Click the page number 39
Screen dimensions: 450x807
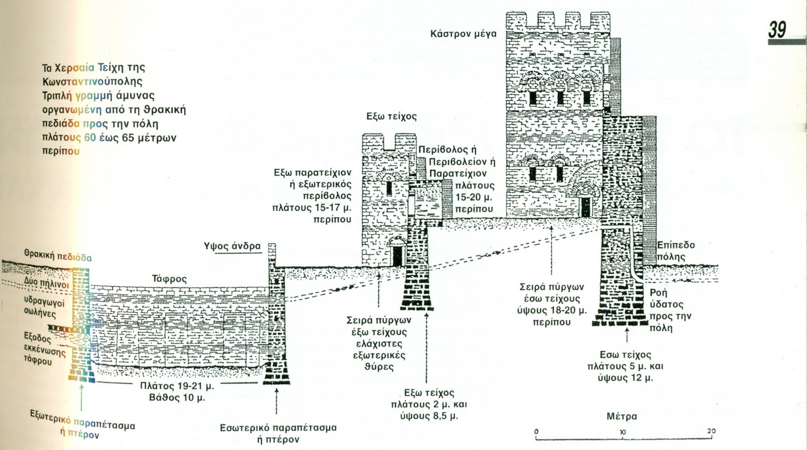pos(777,29)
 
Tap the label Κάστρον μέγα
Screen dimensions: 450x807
pos(463,34)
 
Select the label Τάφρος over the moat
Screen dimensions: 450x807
pos(169,279)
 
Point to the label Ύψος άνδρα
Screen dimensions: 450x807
pos(232,246)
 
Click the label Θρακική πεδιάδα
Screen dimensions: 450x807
pos(58,255)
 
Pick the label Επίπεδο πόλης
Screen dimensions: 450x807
pos(675,251)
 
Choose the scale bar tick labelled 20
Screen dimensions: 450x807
pos(711,432)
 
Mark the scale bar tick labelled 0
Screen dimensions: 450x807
pos(536,432)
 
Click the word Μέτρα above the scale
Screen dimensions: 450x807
pos(621,416)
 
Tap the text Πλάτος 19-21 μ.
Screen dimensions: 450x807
pos(177,387)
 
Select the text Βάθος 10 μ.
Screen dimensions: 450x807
pos(177,398)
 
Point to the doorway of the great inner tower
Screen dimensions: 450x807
pos(585,206)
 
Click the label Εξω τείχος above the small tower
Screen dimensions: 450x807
pos(391,116)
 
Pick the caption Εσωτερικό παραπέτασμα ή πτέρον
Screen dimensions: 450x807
pos(278,433)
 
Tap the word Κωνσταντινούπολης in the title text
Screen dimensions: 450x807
pos(92,81)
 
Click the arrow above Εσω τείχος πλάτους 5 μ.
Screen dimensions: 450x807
pos(627,335)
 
